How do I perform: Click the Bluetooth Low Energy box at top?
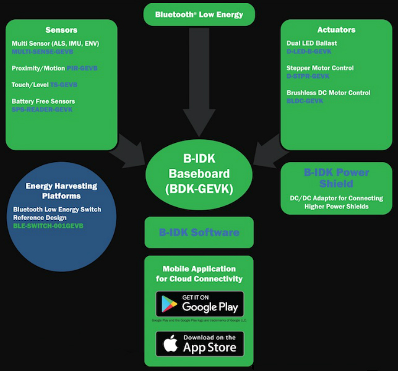coord(199,14)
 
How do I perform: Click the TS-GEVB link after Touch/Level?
coord(64,85)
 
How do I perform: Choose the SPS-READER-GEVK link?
coord(42,109)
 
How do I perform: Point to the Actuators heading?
coord(336,29)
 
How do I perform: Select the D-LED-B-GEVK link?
coord(309,51)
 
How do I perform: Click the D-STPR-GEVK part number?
coord(308,76)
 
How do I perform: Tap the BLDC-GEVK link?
coord(305,101)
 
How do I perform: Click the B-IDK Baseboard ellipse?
coord(199,174)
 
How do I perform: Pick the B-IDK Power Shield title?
coord(336,178)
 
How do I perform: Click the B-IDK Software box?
coord(199,232)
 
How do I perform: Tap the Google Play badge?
coord(199,304)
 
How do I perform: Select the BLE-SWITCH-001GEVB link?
coord(48,226)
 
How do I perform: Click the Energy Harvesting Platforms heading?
coord(61,190)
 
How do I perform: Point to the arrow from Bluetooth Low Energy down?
coord(199,80)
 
